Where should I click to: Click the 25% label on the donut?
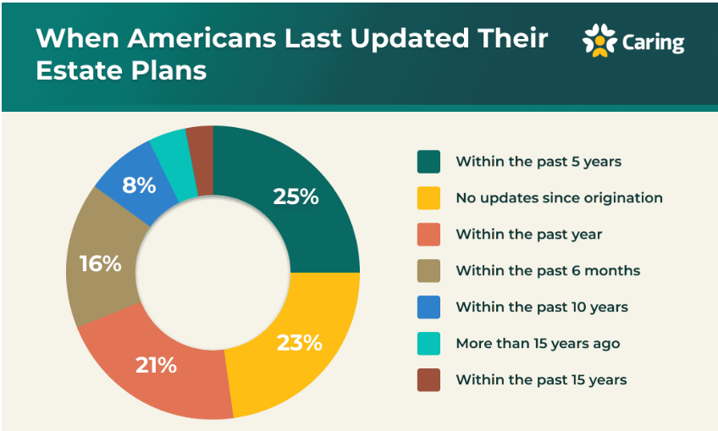[295, 196]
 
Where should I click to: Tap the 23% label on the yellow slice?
[300, 343]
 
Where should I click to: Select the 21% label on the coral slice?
[156, 365]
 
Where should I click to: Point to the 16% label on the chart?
[101, 263]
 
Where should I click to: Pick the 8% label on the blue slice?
[138, 185]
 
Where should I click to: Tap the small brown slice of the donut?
[201, 144]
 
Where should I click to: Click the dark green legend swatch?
[428, 161]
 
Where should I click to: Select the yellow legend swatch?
[428, 197]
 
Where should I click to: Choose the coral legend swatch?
[428, 234]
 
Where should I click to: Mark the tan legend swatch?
[428, 270]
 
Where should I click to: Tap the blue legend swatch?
[428, 307]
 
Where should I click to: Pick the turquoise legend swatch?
[428, 343]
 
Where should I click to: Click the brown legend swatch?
[428, 379]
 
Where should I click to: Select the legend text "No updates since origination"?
[559, 197]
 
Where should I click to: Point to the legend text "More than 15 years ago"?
[538, 343]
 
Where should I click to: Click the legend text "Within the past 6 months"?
[548, 270]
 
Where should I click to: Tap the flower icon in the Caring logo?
[599, 41]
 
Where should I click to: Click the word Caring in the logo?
[653, 42]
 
